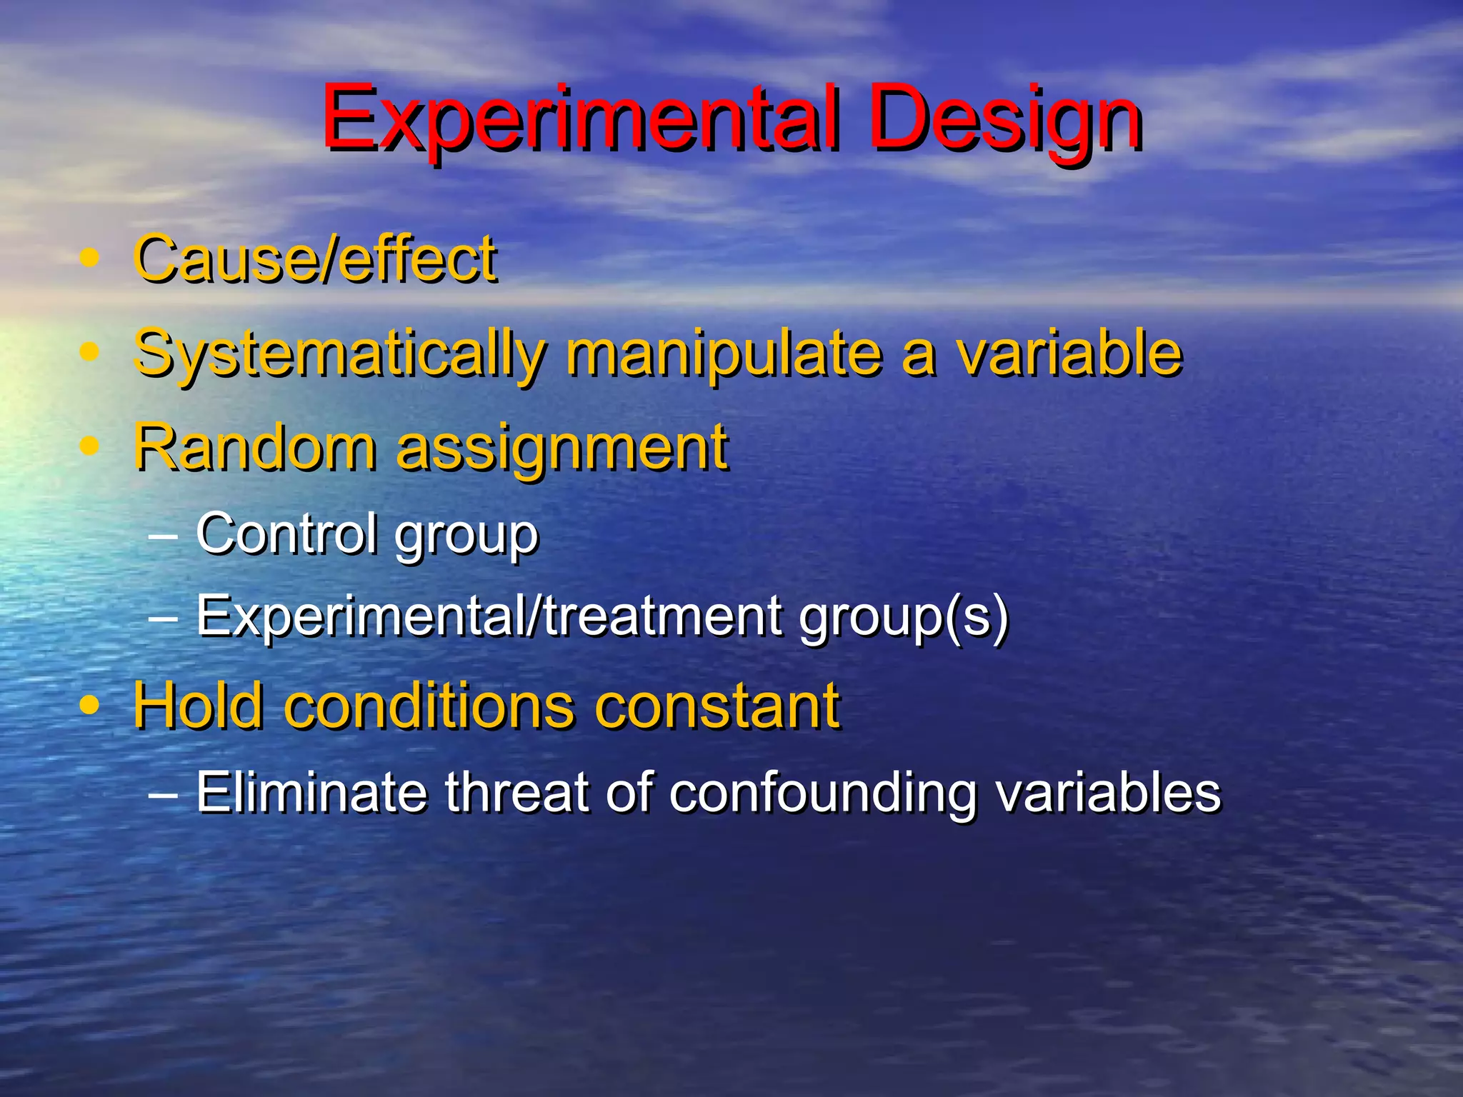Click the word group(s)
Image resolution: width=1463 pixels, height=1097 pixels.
[x=904, y=618]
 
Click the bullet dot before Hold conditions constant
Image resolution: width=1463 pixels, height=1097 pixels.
[x=90, y=706]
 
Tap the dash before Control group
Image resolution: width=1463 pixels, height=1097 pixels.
[x=164, y=535]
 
